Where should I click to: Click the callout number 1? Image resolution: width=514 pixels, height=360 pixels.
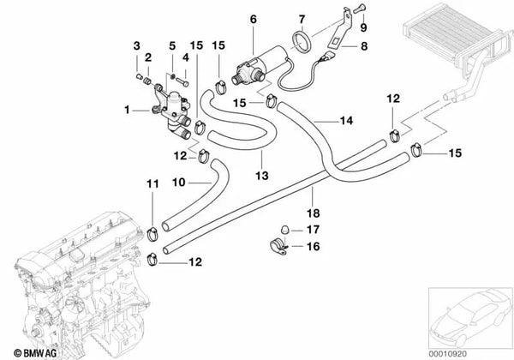pyautogui.click(x=128, y=109)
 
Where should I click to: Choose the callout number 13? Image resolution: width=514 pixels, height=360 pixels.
pyautogui.click(x=262, y=175)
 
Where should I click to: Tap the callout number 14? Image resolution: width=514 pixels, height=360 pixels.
pyautogui.click(x=346, y=122)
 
